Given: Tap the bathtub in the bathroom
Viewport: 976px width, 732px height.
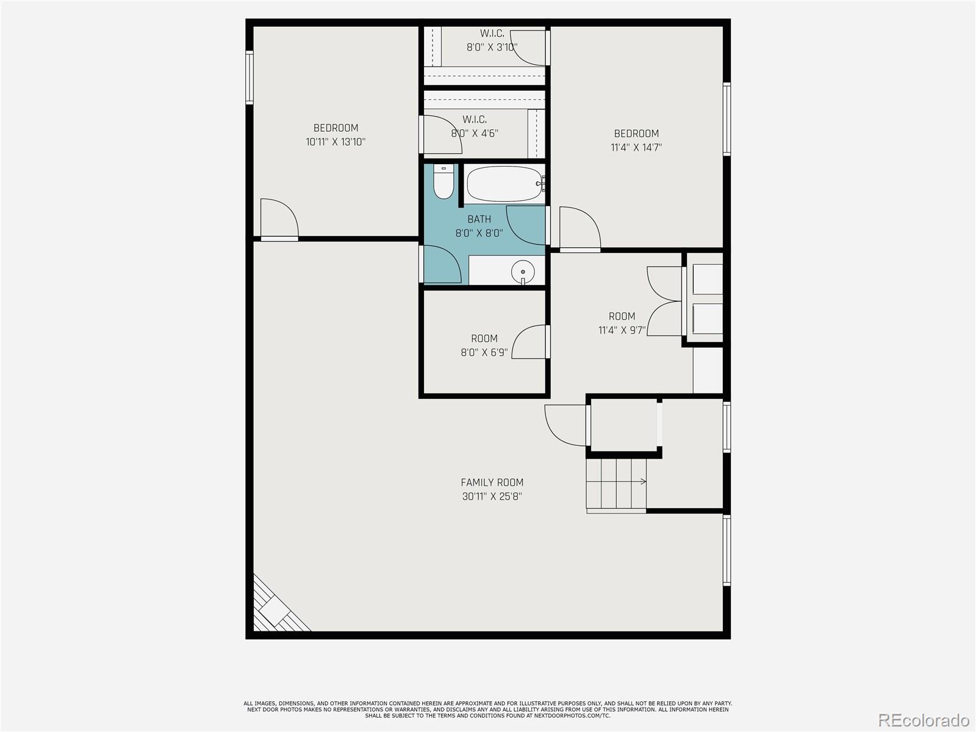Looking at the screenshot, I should tap(504, 184).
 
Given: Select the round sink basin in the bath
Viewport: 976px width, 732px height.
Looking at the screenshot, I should tap(523, 271).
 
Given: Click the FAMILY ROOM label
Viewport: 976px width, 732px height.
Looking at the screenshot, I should tap(492, 483).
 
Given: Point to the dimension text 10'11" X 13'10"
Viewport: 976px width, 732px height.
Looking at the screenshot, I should tap(335, 142).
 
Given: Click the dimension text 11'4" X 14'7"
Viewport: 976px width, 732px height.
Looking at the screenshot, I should tap(636, 148).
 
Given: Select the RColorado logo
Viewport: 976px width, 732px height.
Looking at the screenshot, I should tap(924, 720).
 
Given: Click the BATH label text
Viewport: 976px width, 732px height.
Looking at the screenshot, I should tap(479, 220).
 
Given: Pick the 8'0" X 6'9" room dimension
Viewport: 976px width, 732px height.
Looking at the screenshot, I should tap(484, 353).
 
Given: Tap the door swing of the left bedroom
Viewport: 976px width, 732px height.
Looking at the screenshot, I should tap(278, 218).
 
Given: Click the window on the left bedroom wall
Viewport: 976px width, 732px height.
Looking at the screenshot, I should tap(249, 77).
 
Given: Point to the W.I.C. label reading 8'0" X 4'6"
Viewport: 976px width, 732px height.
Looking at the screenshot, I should tap(475, 133).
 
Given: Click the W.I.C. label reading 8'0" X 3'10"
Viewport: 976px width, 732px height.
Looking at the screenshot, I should tap(492, 47).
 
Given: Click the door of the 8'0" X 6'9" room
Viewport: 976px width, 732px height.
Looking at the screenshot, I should tap(529, 342).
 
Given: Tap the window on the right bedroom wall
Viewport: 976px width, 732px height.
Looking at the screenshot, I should tap(727, 119).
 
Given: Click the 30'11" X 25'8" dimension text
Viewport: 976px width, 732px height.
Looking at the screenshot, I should tap(492, 497).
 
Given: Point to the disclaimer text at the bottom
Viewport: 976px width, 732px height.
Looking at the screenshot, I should tap(487, 709).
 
